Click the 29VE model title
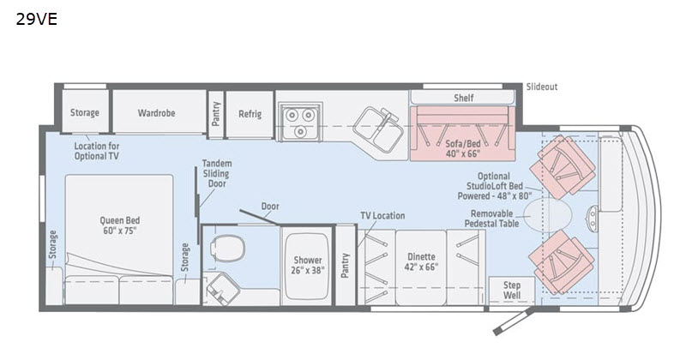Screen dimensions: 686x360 [37, 19]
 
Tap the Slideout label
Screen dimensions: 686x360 [542, 87]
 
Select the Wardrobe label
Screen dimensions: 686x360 [157, 113]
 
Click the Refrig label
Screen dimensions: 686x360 [250, 114]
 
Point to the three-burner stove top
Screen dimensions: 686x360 [299, 122]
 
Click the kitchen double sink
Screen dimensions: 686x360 [378, 129]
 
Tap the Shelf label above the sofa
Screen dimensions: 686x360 [463, 98]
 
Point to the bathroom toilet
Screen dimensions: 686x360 [227, 248]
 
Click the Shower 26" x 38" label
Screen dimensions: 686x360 [308, 265]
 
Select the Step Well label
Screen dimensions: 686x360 [511, 290]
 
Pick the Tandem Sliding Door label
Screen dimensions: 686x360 [217, 174]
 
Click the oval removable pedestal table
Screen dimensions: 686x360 [548, 215]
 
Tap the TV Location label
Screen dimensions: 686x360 [382, 216]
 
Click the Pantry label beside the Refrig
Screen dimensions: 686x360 [216, 114]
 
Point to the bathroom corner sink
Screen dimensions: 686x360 [222, 288]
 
